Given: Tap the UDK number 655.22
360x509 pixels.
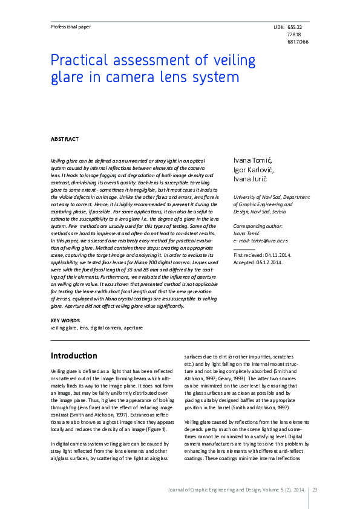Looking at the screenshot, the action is tap(295, 28).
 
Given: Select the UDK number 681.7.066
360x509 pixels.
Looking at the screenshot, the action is tap(297, 42).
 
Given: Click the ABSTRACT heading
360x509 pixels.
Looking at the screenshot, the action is tap(64, 139).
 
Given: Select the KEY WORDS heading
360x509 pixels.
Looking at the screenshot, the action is tap(63, 320).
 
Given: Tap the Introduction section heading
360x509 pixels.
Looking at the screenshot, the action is tap(74, 355).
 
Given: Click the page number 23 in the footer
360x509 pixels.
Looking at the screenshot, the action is tap(315, 490).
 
